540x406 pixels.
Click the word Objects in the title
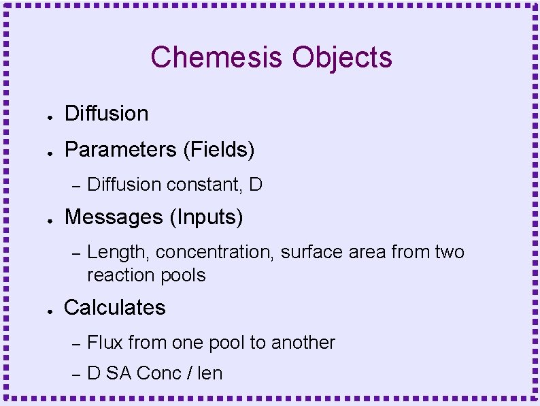[342, 57]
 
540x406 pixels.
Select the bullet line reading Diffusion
[106, 114]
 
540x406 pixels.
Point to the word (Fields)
[218, 149]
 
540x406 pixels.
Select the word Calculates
[114, 307]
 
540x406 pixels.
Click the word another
[303, 342]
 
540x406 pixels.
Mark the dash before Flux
[76, 343]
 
